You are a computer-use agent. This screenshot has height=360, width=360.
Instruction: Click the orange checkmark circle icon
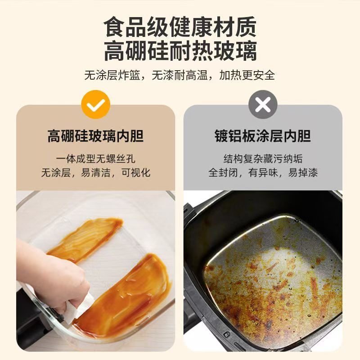pyautogui.click(x=95, y=105)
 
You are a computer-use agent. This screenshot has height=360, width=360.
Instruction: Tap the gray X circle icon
pyautogui.click(x=263, y=105)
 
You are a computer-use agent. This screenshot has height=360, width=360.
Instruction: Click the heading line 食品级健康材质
pyautogui.click(x=180, y=27)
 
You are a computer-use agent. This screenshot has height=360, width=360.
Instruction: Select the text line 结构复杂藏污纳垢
pyautogui.click(x=263, y=158)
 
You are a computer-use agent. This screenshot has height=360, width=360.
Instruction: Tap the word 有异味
pyautogui.click(x=263, y=172)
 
